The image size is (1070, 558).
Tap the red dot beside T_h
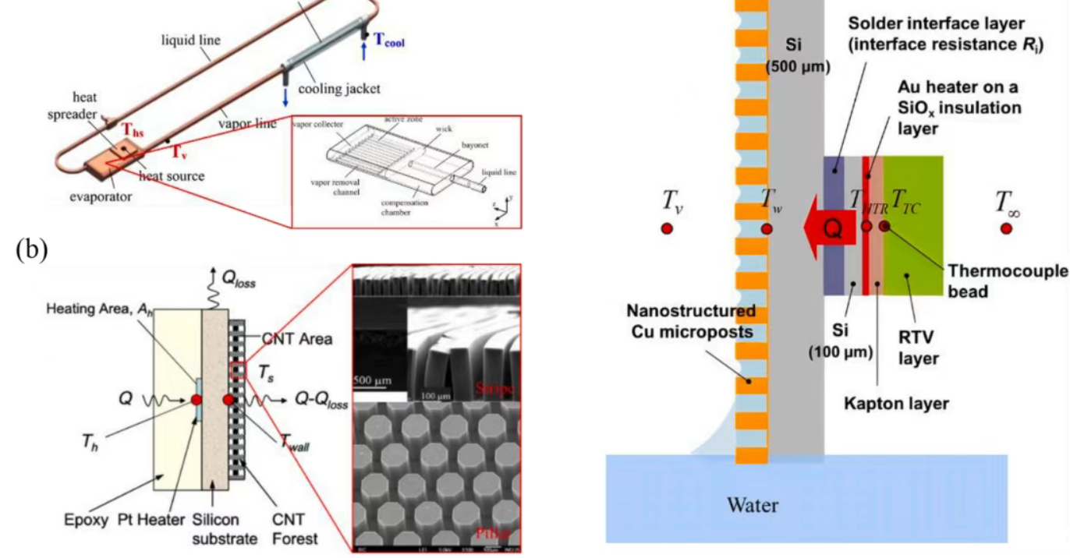(196, 400)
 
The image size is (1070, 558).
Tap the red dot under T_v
(667, 228)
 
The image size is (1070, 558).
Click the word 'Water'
(753, 504)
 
